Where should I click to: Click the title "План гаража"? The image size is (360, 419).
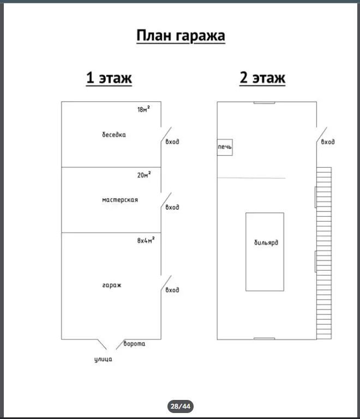pos(181,37)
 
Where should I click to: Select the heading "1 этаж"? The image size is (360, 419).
pos(109,78)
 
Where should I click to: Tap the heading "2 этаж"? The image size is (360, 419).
pos(262,78)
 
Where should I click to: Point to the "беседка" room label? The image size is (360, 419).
pos(113,135)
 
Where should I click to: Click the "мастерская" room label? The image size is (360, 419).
pos(120,200)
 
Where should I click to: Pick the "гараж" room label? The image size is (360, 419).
pos(111,285)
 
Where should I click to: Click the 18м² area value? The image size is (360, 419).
pos(143,110)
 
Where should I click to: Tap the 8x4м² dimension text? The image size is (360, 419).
pos(146,240)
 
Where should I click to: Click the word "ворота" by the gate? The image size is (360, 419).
pos(134,344)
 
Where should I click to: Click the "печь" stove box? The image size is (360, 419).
pos(225,147)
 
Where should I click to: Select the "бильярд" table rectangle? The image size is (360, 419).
pos(264,251)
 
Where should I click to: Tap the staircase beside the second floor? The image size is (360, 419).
pos(323,252)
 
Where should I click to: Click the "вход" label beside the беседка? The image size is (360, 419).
pos(172,142)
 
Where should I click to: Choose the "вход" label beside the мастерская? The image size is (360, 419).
pos(172,207)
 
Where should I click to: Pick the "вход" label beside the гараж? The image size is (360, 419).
pos(172,290)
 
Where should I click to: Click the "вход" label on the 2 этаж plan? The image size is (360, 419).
pos(328,142)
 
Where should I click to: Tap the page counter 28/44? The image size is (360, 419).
pos(180,406)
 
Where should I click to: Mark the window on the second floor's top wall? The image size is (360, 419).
pos(264,102)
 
